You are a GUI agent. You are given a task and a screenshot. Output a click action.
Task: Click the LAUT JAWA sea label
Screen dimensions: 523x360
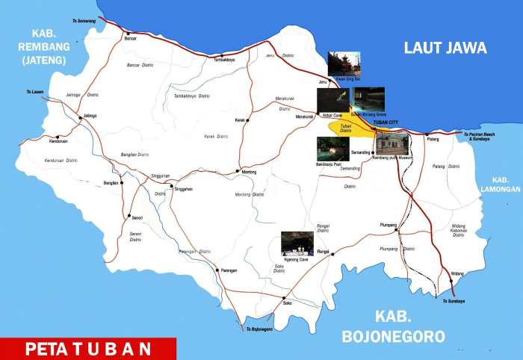click(445, 48)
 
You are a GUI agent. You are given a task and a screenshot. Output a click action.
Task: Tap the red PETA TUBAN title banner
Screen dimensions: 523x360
click(88, 349)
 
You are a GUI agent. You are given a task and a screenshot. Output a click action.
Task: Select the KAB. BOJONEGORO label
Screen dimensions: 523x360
click(394, 326)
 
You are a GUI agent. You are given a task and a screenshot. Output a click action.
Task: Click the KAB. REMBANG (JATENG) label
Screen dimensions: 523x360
click(50, 46)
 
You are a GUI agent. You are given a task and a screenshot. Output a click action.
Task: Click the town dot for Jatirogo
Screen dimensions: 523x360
click(81, 117)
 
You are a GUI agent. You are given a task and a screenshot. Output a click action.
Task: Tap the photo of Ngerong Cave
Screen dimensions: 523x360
click(297, 243)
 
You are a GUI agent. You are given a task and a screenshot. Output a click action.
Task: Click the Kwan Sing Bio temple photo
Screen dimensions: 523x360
click(344, 63)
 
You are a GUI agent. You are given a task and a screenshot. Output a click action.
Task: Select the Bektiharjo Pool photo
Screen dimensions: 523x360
click(332, 148)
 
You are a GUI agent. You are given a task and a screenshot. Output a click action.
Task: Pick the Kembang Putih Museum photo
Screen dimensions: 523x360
click(392, 143)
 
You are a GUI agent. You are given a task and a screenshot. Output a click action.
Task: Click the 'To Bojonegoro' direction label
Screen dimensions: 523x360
click(254, 329)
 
